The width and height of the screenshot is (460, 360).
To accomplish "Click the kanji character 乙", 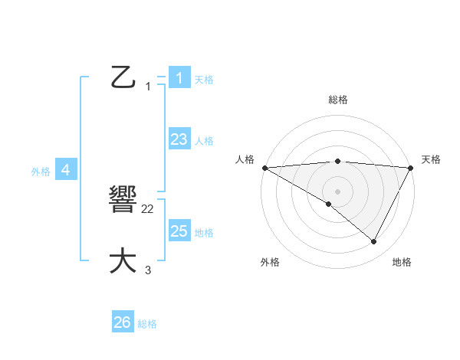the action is [x=123, y=77].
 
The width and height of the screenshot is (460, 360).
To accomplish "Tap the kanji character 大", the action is [x=123, y=261].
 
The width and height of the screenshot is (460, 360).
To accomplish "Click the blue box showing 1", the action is [x=179, y=78].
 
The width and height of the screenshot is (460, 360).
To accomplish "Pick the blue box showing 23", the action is [x=179, y=139].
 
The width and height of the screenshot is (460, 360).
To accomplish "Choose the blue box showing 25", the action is [x=179, y=231].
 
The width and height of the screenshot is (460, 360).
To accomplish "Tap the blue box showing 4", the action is [x=66, y=170].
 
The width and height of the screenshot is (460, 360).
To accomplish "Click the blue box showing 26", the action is [x=123, y=322].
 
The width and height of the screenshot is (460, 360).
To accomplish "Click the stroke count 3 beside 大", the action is [x=148, y=270].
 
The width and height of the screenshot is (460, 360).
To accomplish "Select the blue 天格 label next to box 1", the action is [x=204, y=80].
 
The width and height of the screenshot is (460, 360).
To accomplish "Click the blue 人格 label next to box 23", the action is [x=204, y=141].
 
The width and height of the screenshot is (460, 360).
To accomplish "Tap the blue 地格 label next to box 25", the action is [x=204, y=233].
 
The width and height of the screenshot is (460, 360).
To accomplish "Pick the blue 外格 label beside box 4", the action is [x=41, y=172].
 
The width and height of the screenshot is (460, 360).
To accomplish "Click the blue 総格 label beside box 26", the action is [x=147, y=324].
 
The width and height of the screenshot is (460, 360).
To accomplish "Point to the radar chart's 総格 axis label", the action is [x=337, y=100].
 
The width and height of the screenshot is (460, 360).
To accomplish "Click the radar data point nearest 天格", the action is [x=412, y=168].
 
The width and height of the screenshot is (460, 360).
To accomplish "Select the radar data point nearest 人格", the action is [x=264, y=168].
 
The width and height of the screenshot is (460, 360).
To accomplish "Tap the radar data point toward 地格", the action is [x=374, y=242].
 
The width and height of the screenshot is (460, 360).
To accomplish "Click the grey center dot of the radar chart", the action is [x=337, y=191].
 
